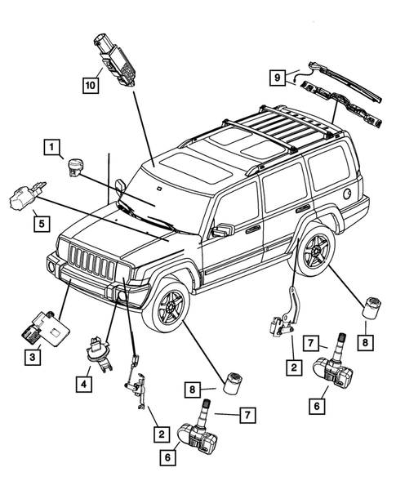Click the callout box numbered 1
(x=51, y=148)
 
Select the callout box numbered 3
(x=33, y=357)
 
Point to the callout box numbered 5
(x=39, y=220)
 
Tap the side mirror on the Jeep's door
(x=220, y=231)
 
